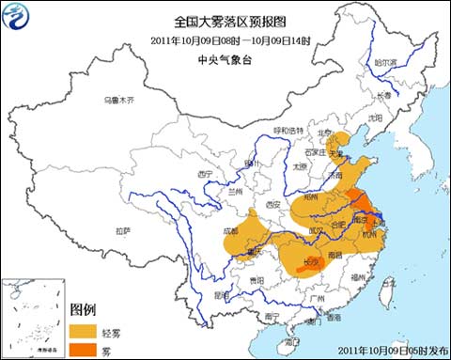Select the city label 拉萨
coord(123,230)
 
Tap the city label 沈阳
coord(376,118)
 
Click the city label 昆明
coord(220,294)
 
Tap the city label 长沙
coord(308,262)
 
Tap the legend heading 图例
coord(83,309)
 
